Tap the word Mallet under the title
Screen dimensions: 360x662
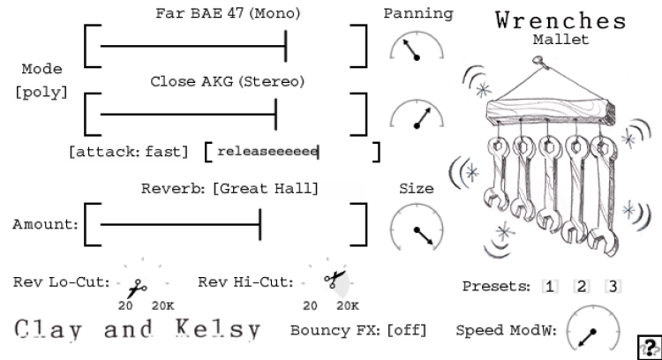560,40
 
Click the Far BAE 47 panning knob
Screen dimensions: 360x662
417,52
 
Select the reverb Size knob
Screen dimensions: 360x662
417,227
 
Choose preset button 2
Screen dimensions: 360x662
581,286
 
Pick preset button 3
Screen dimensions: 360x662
613,286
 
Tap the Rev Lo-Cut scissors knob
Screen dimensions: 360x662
138,286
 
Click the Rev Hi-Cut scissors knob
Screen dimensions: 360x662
334,282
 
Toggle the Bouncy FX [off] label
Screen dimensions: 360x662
358,331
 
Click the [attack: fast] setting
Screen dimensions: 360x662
129,152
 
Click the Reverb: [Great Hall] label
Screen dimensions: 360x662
229,189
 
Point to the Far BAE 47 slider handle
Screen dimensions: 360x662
285,45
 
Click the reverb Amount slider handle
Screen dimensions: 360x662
260,224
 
